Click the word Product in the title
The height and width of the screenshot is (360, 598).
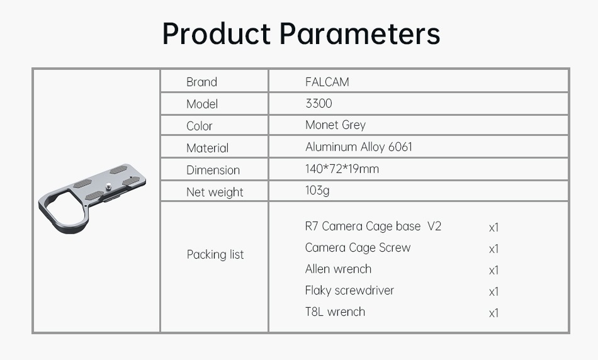click(217, 33)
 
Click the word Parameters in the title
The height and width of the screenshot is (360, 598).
click(359, 33)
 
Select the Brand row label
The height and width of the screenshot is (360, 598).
click(202, 82)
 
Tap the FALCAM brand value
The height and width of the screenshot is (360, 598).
click(327, 82)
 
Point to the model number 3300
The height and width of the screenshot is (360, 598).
click(319, 103)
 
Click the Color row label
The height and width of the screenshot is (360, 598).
click(200, 126)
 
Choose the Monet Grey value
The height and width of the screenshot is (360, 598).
click(336, 125)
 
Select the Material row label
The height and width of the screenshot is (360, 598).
click(208, 148)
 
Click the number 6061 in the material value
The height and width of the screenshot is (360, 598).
click(400, 147)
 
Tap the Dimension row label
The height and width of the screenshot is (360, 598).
click(213, 170)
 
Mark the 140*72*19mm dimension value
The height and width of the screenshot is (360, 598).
click(342, 169)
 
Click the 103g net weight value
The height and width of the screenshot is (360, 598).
click(317, 191)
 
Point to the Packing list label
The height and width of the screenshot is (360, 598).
click(215, 254)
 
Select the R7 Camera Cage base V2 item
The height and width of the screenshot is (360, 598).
click(373, 226)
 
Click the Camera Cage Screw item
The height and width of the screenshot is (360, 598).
click(358, 248)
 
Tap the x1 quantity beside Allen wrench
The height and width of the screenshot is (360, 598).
click(494, 271)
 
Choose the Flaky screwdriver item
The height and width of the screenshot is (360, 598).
click(349, 291)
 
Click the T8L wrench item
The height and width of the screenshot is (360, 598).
click(336, 312)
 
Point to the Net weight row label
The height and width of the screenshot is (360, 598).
click(215, 192)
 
